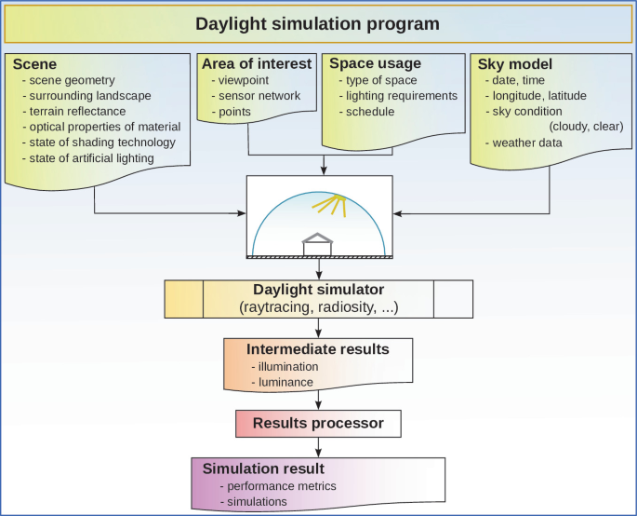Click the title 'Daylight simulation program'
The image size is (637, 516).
(x=317, y=22)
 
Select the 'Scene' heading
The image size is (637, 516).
(x=34, y=64)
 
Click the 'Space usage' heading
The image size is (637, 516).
(x=375, y=63)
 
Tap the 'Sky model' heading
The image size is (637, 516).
(x=515, y=64)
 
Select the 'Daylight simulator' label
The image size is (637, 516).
(x=318, y=290)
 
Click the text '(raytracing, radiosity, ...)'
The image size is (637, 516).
(x=318, y=306)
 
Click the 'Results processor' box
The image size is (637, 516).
(x=318, y=423)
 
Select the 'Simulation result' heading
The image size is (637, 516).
(x=263, y=468)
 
